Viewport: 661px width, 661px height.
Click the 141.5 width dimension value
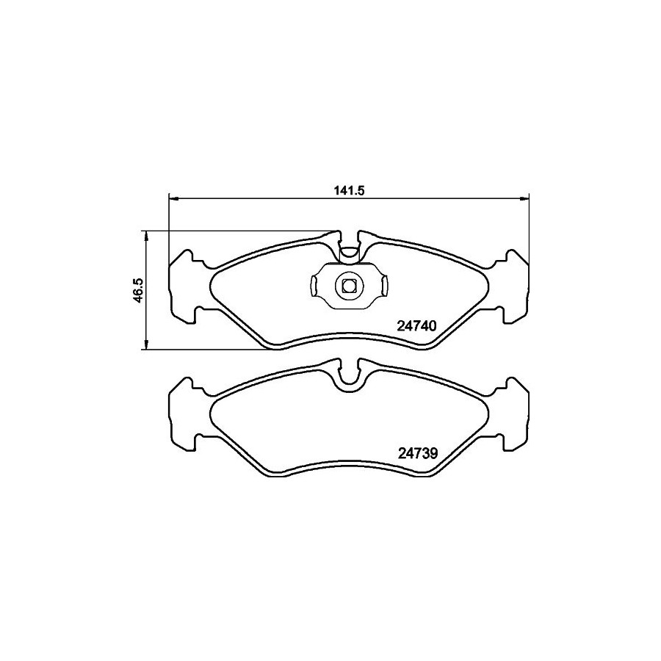pyautogui.click(x=349, y=190)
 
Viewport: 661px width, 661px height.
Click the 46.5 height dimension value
pyautogui.click(x=139, y=290)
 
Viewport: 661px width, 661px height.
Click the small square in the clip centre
pyautogui.click(x=348, y=286)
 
